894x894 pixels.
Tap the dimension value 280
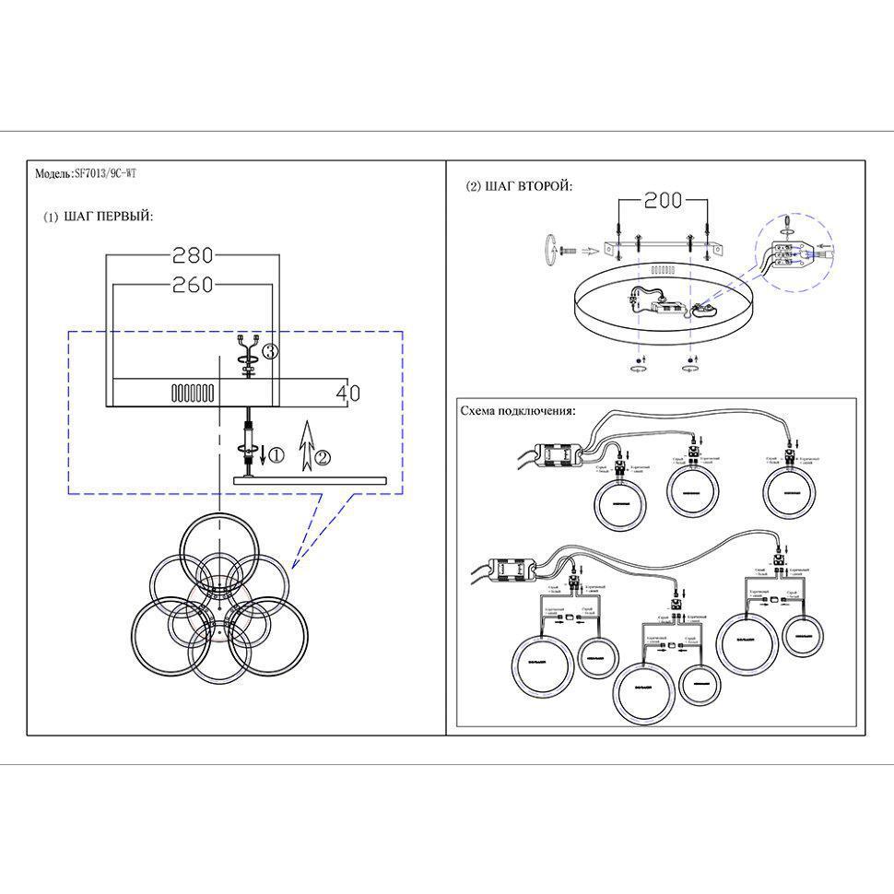click(193, 254)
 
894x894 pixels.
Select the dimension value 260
click(193, 284)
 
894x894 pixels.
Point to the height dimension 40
click(347, 393)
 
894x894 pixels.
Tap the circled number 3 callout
click(270, 351)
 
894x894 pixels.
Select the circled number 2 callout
click(322, 456)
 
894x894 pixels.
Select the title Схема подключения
click(517, 411)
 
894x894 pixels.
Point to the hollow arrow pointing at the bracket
click(586, 249)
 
